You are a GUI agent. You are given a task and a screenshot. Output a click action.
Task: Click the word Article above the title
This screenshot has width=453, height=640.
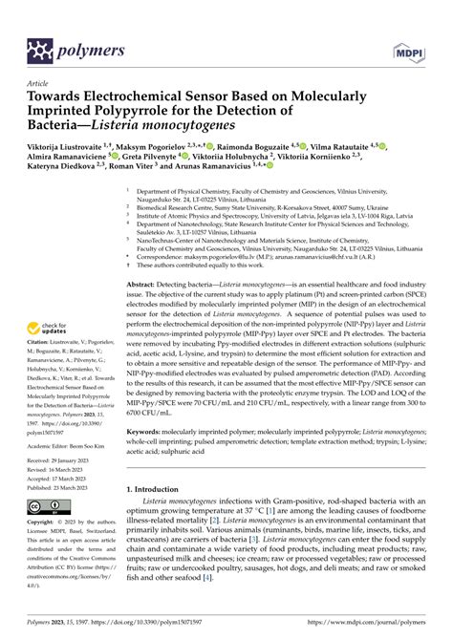[x=37, y=83]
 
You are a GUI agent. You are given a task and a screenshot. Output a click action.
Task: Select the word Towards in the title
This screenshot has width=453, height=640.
[x=64, y=96]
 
